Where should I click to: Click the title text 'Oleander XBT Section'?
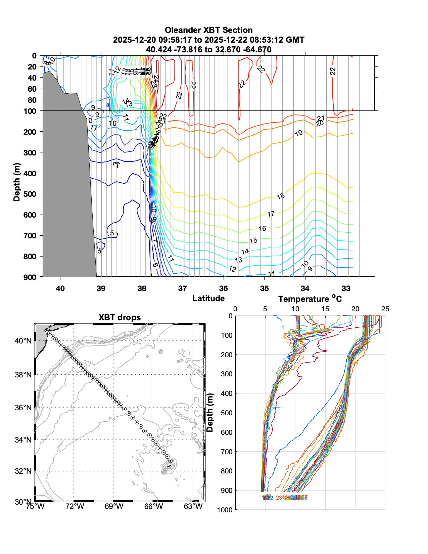click(208, 30)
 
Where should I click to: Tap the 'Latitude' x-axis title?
click(208, 298)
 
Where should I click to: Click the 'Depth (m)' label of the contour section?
click(17, 182)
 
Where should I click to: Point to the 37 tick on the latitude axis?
click(182, 288)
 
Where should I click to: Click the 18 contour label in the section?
click(281, 196)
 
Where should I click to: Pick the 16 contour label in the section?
click(262, 229)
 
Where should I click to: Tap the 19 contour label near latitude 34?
click(298, 134)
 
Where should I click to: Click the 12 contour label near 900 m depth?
click(232, 269)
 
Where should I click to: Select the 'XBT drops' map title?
click(120, 318)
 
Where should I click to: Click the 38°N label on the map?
click(23, 374)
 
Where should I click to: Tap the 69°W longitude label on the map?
click(114, 506)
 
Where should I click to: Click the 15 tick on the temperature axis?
click(325, 309)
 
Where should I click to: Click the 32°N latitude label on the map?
click(23, 471)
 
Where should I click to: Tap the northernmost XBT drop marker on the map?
click(50, 333)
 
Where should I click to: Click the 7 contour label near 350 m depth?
click(117, 165)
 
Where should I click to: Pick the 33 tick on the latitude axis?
click(346, 288)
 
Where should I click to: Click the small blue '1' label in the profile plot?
click(283, 328)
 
